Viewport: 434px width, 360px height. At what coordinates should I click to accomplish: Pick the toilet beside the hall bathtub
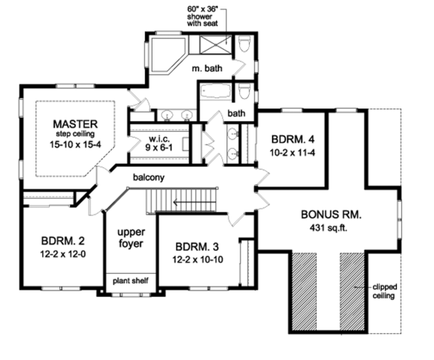(244, 93)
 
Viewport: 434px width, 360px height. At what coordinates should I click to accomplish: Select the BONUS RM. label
(331, 215)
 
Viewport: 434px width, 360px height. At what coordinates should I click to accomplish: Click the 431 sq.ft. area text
(331, 228)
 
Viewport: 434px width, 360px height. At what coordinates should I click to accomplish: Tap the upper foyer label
(129, 238)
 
